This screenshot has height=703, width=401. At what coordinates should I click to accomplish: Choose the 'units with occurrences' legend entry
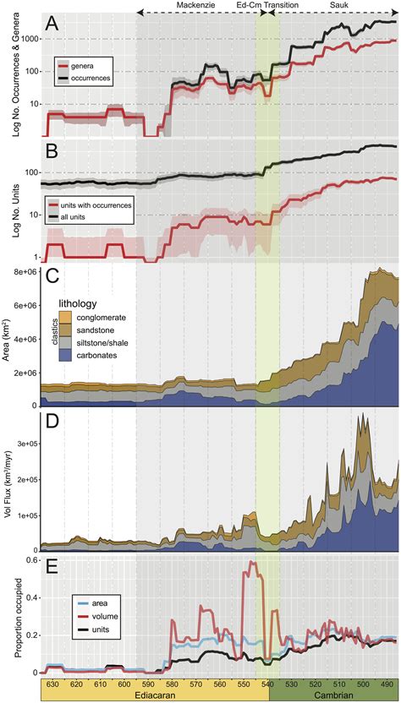pos(107,206)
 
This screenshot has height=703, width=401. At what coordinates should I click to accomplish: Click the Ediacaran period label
pos(155,695)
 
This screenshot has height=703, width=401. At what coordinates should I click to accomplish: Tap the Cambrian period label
pos(333,695)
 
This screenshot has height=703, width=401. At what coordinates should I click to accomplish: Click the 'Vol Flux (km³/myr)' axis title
pos(8,478)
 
